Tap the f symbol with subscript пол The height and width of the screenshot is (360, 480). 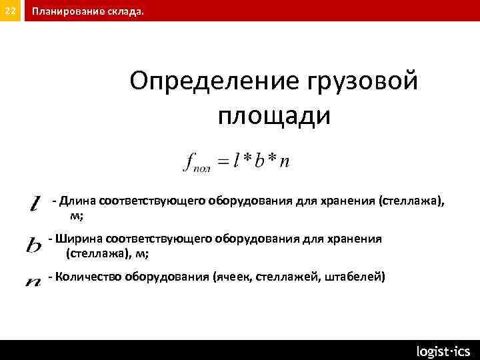[x=195, y=163]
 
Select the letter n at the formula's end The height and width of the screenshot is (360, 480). [x=285, y=162]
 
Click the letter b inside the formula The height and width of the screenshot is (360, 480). [x=259, y=160]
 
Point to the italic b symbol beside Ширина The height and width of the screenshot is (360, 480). [x=34, y=245]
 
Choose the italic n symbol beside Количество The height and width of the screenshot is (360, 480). [x=33, y=282]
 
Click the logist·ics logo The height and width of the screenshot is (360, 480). [x=443, y=351]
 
